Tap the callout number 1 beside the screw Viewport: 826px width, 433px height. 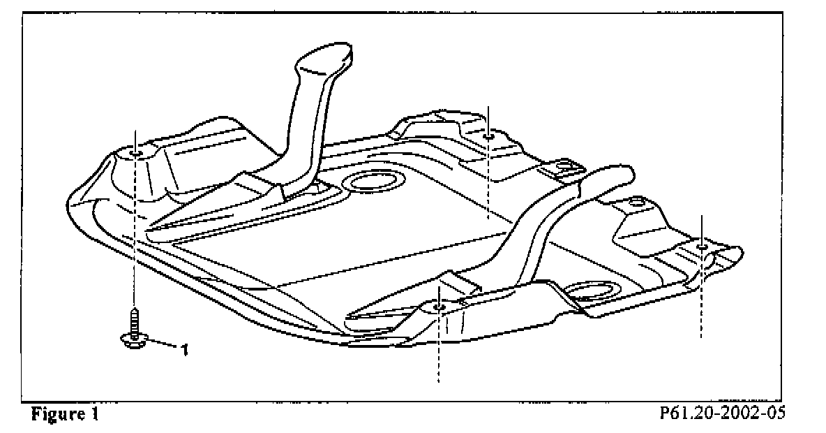pyautogui.click(x=184, y=349)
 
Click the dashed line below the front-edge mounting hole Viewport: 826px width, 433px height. pyautogui.click(x=438, y=349)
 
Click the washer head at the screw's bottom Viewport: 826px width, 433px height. pyautogui.click(x=133, y=340)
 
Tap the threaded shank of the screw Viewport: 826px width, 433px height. pyautogui.click(x=133, y=323)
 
